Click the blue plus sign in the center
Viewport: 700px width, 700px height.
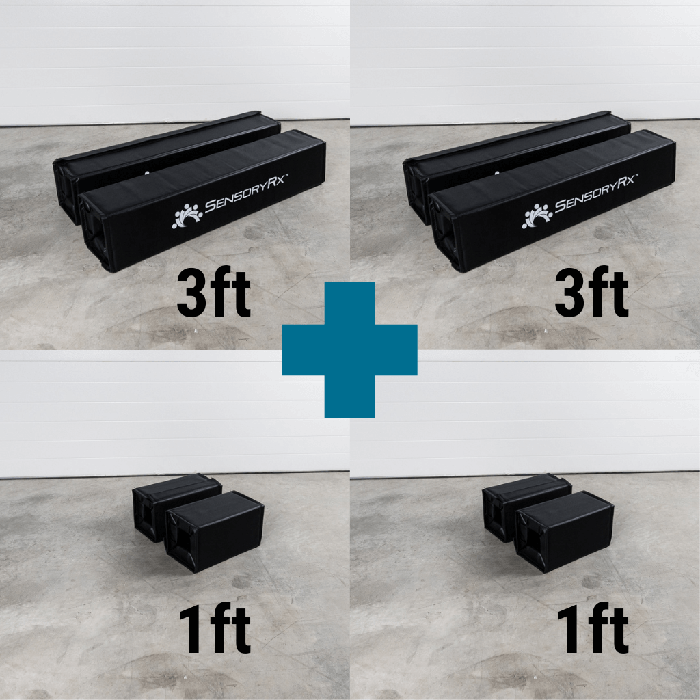(x=349, y=349)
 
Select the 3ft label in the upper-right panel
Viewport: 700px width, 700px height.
(x=591, y=294)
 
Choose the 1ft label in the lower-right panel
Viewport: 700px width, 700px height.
(x=591, y=631)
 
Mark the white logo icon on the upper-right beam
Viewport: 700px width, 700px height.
(x=537, y=216)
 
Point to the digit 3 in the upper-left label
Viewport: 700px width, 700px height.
(x=193, y=294)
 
